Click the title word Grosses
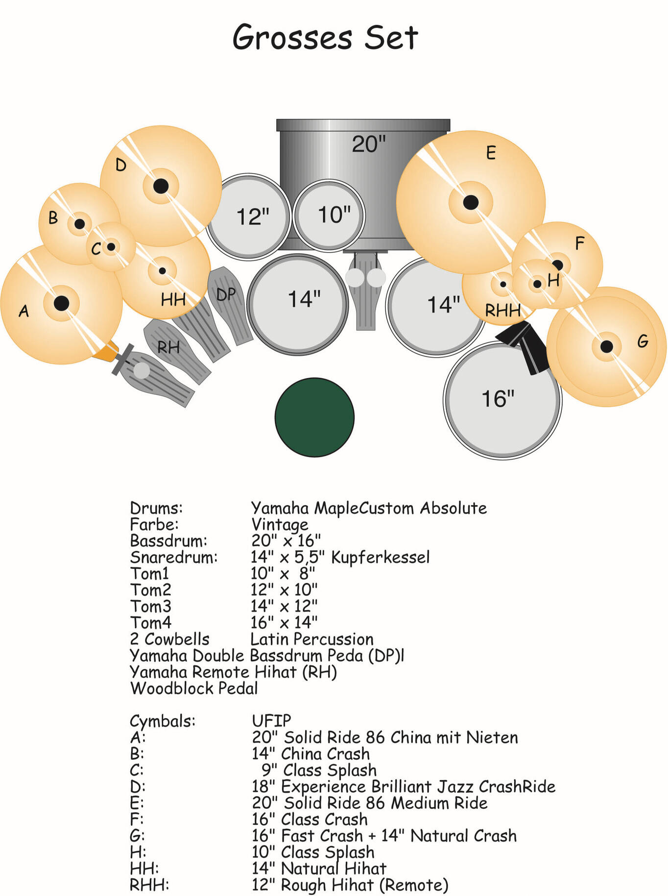pos(292,38)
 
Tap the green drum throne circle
pos(314,417)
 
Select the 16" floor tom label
pos(498,399)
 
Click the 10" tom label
pos(334,215)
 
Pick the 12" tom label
pos(253,217)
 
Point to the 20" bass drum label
pos(369,144)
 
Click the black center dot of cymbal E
pos(471,202)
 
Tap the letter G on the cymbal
pos(643,341)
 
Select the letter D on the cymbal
pos(121,165)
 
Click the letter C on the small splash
pos(96,249)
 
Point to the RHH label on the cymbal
pos(502,310)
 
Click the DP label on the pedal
pos(226,294)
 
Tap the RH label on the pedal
pos(168,347)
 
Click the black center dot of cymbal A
pos(61,303)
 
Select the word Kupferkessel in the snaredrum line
pos(381,557)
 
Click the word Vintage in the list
pos(280,525)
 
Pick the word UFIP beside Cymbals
pos(271,721)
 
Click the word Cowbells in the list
pos(177,639)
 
